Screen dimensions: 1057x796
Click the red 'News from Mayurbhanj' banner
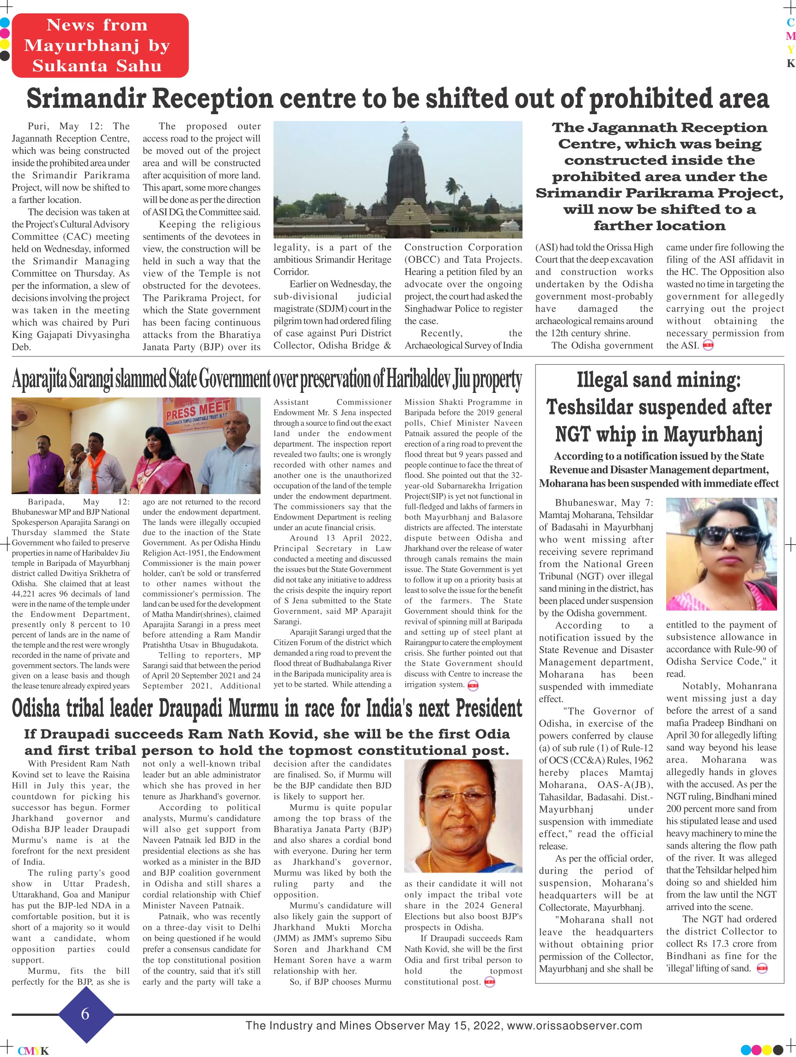100,45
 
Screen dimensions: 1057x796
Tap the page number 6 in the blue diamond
85,1014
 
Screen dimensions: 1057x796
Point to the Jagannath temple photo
397,179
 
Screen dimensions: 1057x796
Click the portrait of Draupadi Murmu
462,817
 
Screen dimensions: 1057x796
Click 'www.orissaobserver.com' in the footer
574,1026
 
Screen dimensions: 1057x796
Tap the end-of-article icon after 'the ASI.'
708,346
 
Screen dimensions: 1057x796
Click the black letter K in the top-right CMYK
791,64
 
